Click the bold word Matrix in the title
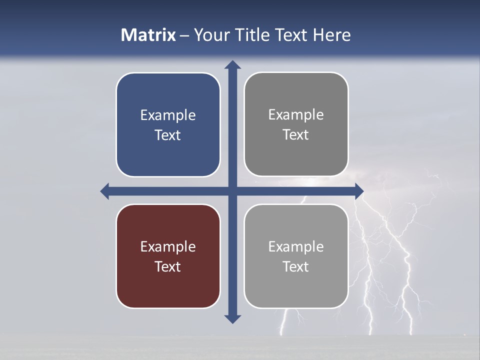(148, 35)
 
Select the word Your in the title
(209, 35)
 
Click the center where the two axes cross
(232, 191)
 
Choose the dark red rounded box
(168, 290)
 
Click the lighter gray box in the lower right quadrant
(296, 290)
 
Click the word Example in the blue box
(168, 115)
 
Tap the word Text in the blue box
(168, 135)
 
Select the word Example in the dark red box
(168, 246)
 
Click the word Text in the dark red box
(168, 266)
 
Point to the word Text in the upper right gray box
(296, 135)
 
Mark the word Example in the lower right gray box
(296, 246)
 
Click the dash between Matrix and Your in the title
(185, 35)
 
